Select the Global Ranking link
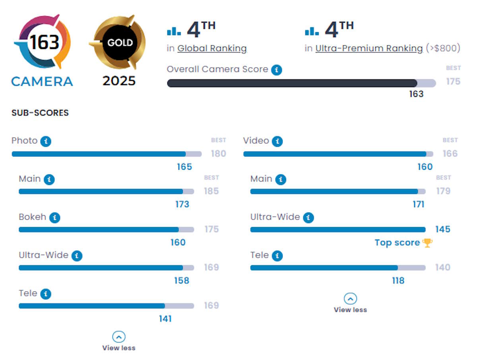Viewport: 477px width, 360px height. pos(212,49)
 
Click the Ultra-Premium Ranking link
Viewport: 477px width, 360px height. pos(369,49)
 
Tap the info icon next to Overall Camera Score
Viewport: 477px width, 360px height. pos(277,70)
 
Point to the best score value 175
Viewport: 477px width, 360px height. pos(453,82)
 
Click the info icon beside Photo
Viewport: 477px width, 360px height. pos(46,141)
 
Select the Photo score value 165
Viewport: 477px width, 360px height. pos(184,167)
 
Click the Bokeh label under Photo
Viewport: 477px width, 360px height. pos(32,217)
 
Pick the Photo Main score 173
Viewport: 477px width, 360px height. pos(182,204)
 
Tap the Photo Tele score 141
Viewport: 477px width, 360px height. pos(165,319)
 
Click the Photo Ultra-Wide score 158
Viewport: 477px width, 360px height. pos(182,280)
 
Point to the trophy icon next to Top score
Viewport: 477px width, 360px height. pos(427,243)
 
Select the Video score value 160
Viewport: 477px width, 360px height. pos(425,167)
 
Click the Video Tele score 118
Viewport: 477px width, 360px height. pos(398,280)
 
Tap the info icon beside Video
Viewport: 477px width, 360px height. pos(277,141)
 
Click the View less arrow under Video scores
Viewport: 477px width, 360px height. pos(350,298)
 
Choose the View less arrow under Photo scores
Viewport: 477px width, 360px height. pos(118,337)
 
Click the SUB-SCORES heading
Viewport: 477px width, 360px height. pos(40,113)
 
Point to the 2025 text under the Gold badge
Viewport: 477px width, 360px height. pos(119,81)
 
